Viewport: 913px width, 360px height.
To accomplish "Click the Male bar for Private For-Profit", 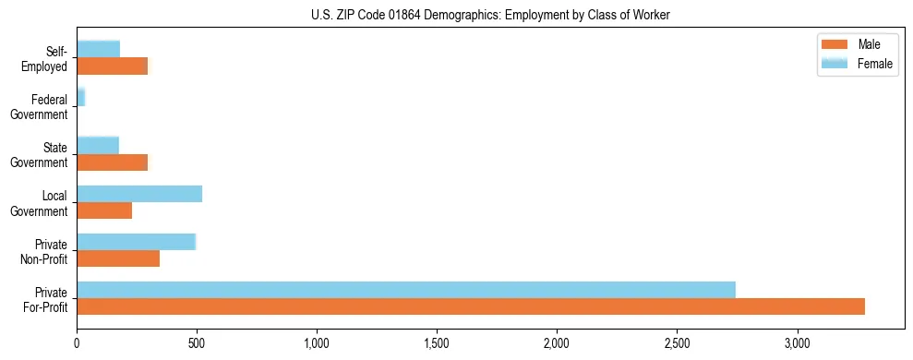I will [x=471, y=306].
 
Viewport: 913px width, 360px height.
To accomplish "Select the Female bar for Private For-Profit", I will [x=406, y=290].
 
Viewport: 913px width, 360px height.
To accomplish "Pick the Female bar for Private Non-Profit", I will [x=137, y=242].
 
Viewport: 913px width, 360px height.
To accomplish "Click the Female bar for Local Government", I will [x=139, y=194].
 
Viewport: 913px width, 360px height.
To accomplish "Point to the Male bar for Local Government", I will [x=104, y=210].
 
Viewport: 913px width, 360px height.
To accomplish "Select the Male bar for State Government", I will [x=112, y=162].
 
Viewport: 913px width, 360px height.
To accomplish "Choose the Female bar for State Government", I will [x=98, y=146].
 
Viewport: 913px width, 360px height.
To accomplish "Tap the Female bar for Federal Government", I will [x=81, y=97].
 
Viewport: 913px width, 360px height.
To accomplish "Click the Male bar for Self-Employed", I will [x=112, y=66].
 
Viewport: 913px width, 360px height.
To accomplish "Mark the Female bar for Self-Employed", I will [x=99, y=50].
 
